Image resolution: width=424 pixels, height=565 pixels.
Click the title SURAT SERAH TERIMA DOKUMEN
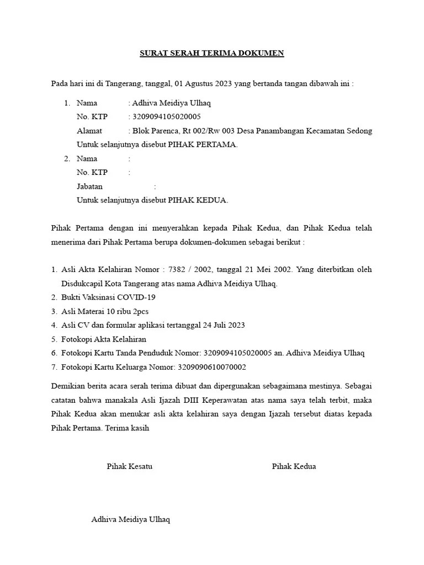tap(211, 54)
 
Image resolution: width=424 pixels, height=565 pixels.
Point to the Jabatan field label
tap(89, 186)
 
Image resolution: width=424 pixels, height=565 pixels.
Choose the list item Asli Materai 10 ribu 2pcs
tap(104, 311)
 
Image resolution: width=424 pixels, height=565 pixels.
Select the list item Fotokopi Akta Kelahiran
tap(104, 339)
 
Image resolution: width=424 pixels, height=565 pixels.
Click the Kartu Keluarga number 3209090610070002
tap(211, 367)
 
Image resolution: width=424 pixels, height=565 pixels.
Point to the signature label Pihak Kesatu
tap(130, 466)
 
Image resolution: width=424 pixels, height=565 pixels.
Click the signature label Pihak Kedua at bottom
tap(294, 466)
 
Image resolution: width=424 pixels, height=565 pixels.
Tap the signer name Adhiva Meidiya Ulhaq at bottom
tap(131, 520)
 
